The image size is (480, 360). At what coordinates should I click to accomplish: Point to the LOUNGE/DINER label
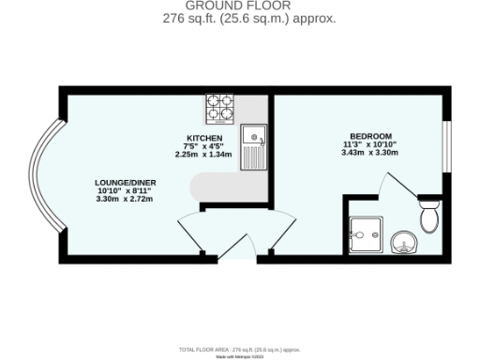(x=123, y=182)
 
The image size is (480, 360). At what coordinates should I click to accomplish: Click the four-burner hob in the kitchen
(x=220, y=109)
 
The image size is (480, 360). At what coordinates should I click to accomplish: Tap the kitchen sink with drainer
(x=254, y=146)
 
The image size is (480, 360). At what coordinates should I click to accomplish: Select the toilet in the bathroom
(x=429, y=216)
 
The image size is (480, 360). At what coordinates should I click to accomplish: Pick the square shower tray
(x=363, y=234)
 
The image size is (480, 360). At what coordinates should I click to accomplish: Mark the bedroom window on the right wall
(x=447, y=141)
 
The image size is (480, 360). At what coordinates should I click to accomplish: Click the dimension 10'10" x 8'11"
(x=123, y=190)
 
